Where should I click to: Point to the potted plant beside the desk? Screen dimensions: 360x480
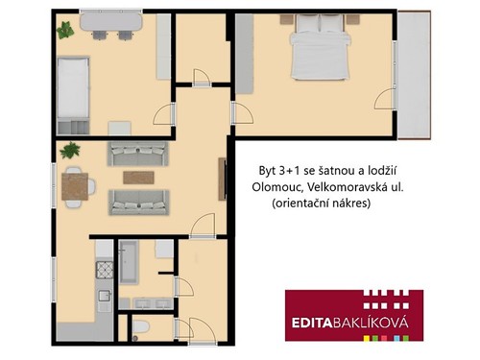pyautogui.click(x=65, y=30)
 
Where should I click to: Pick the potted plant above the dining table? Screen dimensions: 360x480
pyautogui.click(x=68, y=150)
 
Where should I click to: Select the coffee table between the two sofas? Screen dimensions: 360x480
pyautogui.click(x=137, y=177)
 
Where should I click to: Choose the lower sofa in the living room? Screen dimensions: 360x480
pyautogui.click(x=138, y=201)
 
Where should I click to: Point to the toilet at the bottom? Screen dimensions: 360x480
pyautogui.click(x=141, y=329)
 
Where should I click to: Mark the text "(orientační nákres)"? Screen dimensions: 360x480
pyautogui.click(x=322, y=204)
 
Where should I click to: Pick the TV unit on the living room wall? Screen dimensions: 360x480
pyautogui.click(x=222, y=179)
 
